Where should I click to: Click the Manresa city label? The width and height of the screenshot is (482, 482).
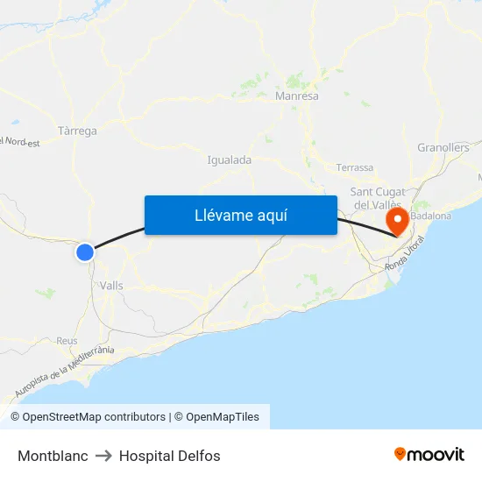297,96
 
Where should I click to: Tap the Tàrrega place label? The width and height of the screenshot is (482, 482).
76,131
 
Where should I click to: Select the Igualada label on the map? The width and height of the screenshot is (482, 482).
230,160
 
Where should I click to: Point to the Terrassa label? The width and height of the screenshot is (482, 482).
354,167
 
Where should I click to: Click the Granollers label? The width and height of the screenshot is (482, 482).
443,148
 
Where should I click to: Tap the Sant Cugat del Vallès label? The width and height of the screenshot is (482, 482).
377,198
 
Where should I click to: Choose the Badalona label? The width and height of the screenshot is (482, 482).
430,216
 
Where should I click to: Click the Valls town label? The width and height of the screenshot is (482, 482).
111,286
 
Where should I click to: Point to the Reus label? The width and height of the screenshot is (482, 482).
67,341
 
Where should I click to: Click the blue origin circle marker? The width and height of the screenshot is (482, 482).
85,252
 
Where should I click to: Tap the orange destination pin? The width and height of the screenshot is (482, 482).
397,220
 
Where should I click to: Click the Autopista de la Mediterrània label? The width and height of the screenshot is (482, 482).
66,372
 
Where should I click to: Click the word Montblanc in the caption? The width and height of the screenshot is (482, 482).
53,456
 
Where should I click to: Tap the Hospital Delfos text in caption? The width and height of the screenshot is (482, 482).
170,456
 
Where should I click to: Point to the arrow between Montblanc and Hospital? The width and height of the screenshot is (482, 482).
103,456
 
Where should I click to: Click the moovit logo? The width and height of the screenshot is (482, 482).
429,454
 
